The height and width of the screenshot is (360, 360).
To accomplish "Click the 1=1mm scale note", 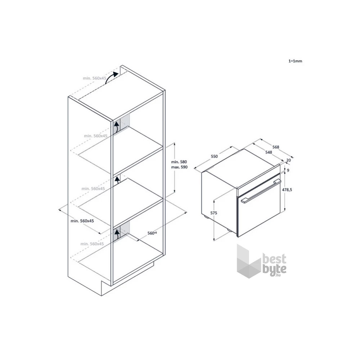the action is click(295, 61).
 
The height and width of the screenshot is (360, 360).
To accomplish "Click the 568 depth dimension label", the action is click(276, 147).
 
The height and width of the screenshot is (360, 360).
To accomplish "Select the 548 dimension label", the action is click(269, 152).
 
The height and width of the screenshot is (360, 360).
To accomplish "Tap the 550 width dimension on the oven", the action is click(214, 156).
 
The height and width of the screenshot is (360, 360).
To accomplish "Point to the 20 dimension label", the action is click(289, 160).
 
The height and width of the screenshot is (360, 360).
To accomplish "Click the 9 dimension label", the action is click(288, 170).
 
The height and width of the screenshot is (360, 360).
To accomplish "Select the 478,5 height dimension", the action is click(287, 190).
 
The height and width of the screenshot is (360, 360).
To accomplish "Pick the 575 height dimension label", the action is click(214, 213).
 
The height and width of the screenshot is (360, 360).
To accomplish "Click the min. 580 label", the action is click(179, 162).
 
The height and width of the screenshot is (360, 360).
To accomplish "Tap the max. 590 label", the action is click(179, 167).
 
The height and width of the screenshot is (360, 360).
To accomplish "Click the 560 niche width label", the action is click(152, 233).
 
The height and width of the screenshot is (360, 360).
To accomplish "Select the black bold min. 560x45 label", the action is click(82, 221).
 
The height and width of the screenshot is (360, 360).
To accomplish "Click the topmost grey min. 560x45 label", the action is click(95, 78).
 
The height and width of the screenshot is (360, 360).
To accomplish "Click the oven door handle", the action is click(261, 191).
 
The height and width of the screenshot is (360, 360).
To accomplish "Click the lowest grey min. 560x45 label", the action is click(92, 244).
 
